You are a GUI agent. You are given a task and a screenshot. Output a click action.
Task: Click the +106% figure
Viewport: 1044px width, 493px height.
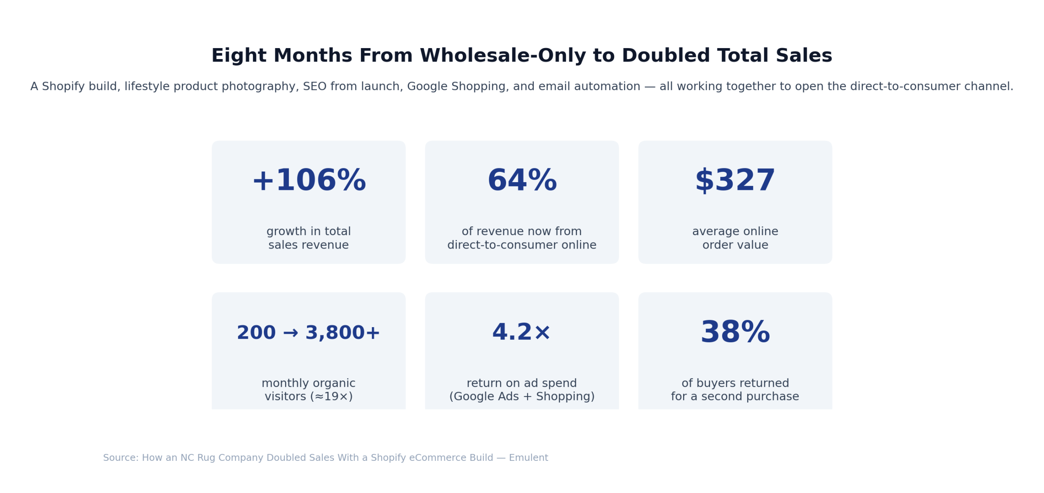click(x=309, y=180)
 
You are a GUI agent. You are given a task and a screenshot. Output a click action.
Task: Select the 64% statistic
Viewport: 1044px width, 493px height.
click(x=522, y=180)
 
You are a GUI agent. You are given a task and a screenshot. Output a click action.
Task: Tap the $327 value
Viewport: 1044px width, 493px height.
click(x=734, y=180)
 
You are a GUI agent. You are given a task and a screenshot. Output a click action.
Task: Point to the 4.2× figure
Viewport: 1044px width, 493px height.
click(x=522, y=332)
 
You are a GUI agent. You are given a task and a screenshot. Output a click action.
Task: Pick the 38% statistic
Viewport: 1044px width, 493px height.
click(x=734, y=332)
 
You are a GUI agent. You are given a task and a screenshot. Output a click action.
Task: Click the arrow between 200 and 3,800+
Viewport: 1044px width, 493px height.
click(x=290, y=333)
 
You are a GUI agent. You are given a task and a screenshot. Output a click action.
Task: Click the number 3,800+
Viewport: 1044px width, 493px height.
click(x=342, y=332)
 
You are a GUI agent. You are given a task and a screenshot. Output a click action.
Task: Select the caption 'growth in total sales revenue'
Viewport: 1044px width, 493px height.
click(x=308, y=238)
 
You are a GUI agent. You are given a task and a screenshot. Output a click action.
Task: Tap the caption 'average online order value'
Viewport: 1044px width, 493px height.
click(x=734, y=238)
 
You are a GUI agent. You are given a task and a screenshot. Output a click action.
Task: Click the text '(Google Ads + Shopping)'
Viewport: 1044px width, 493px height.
click(x=522, y=396)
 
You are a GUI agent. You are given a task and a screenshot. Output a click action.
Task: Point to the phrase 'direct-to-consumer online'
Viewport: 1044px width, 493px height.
click(x=522, y=245)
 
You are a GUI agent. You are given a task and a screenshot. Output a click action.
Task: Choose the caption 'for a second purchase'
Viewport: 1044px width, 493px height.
click(x=734, y=396)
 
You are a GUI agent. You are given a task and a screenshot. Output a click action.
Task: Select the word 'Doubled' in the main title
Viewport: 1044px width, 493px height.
click(x=666, y=55)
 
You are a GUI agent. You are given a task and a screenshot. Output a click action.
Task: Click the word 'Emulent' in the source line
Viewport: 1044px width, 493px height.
click(x=528, y=457)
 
